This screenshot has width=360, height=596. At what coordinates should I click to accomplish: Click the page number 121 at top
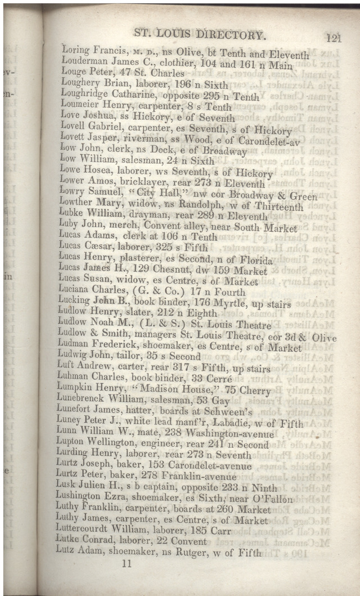pyautogui.click(x=333, y=38)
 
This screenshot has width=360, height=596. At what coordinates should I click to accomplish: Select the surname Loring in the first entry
pyautogui.click(x=76, y=51)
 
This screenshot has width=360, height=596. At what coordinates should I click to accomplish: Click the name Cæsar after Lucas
pyautogui.click(x=102, y=248)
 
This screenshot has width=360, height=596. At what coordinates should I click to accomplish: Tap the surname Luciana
pyautogui.click(x=78, y=292)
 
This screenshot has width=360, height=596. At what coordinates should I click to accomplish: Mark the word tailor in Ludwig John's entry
pyautogui.click(x=120, y=356)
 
